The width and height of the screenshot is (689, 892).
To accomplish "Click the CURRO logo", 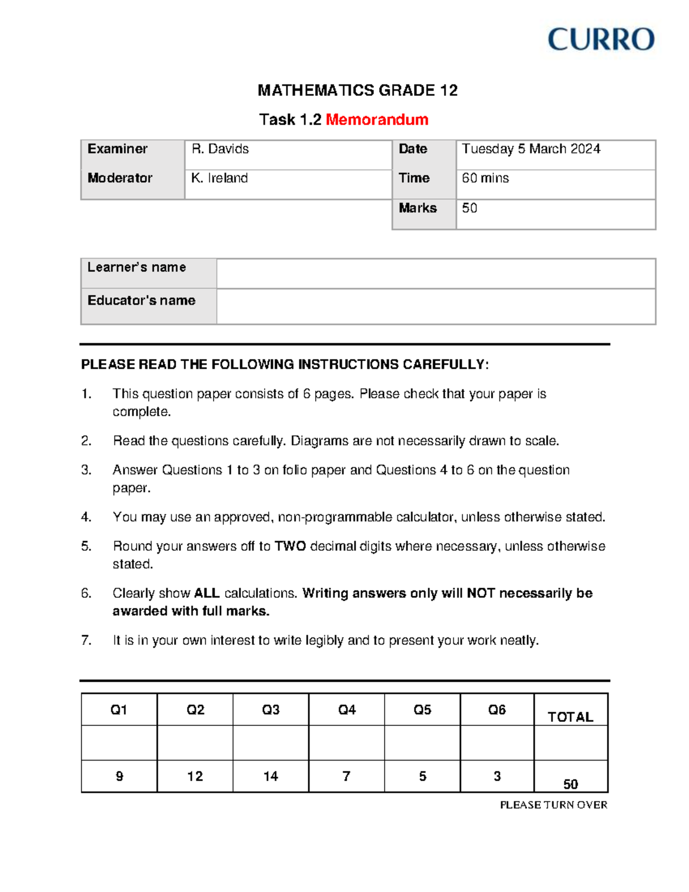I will click(601, 40).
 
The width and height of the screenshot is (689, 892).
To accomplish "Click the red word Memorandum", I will click(377, 119).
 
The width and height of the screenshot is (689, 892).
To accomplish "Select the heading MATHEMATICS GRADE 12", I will click(357, 90).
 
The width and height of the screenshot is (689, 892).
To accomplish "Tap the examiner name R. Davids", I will click(220, 149).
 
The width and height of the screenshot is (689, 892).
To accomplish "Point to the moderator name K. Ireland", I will click(219, 178).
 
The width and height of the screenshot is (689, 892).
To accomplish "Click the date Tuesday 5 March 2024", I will click(531, 149).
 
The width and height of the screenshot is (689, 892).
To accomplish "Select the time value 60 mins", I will click(485, 178).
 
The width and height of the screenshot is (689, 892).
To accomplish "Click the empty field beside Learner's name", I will click(435, 273).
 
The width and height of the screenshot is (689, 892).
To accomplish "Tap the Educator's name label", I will click(141, 300).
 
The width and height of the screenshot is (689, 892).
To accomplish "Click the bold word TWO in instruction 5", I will click(290, 546).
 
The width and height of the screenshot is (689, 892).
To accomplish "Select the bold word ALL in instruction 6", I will click(207, 593).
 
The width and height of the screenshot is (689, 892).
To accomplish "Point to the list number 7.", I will click(86, 640).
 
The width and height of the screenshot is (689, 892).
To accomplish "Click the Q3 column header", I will click(270, 710).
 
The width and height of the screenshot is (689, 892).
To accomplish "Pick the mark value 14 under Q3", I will click(270, 777).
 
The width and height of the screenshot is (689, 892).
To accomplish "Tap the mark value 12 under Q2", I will click(195, 777).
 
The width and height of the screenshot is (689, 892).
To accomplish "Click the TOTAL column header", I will click(570, 717).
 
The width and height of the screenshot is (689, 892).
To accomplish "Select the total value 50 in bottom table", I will click(570, 784).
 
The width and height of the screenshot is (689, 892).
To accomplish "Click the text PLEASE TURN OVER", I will click(553, 805).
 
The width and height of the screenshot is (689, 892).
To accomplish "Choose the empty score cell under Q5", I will click(422, 743).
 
